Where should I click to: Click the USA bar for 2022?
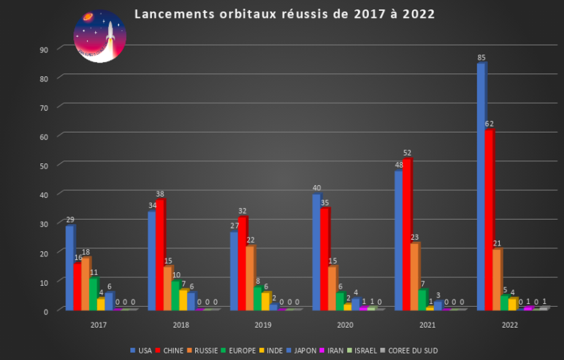pyautogui.click(x=480, y=187)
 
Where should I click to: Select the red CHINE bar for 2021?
pyautogui.click(x=407, y=235)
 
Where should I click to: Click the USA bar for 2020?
pyautogui.click(x=316, y=252)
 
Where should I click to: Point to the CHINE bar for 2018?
pyautogui.click(x=160, y=255)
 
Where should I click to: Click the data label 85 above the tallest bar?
pyautogui.click(x=481, y=58)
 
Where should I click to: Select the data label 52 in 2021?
pyautogui.click(x=408, y=153)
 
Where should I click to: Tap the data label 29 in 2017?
pyautogui.click(x=70, y=220)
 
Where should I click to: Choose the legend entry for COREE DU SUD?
pyautogui.click(x=410, y=351)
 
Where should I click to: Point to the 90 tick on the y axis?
pyautogui.click(x=44, y=49)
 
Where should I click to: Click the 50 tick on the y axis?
pyautogui.click(x=44, y=166)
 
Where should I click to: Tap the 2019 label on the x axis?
pyautogui.click(x=263, y=325)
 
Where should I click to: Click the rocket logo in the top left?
pyautogui.click(x=100, y=36)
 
